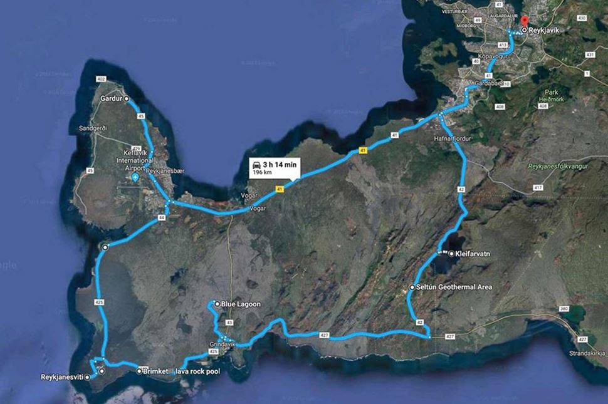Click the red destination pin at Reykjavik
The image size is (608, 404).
[524, 23]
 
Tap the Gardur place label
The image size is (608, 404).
[112, 99]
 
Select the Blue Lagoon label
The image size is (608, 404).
[241, 304]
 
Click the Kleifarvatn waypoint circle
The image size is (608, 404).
[451, 254]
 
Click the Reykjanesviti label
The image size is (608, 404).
[62, 377]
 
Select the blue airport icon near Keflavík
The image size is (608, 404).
[135, 179]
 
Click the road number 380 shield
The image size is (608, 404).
[564, 309]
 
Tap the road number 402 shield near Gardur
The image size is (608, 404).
[101, 79]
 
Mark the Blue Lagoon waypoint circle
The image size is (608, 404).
[217, 304]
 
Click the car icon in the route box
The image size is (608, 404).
[257, 164]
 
